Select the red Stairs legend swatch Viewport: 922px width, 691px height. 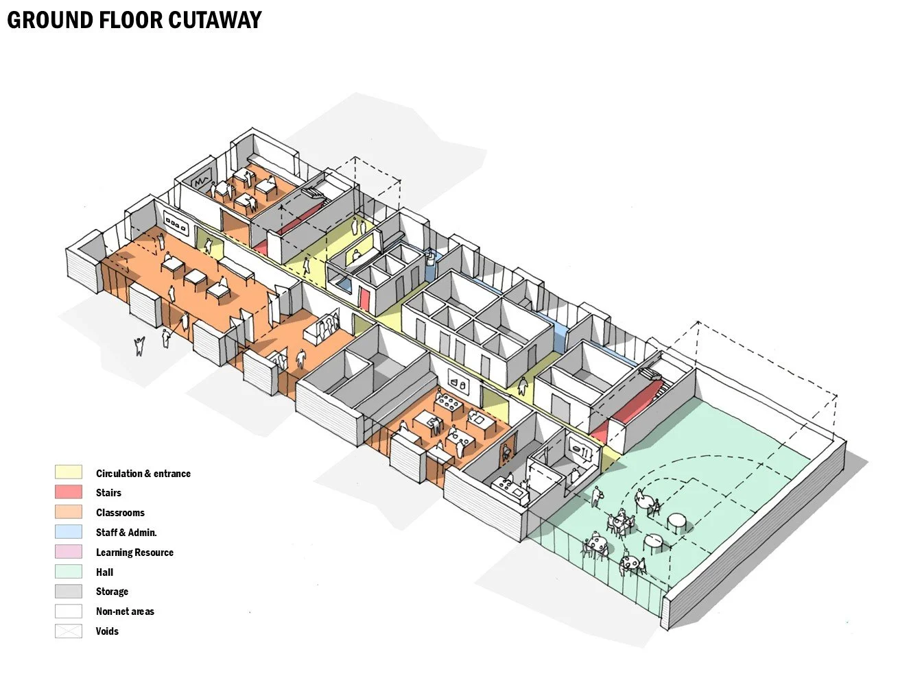[x=68, y=492]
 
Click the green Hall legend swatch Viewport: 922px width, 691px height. [x=68, y=571]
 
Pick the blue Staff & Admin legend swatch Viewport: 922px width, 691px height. [x=68, y=531]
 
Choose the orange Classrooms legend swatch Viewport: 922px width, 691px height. [x=68, y=512]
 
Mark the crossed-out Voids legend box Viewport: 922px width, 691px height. [x=68, y=631]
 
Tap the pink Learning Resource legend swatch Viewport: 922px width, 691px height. [x=68, y=551]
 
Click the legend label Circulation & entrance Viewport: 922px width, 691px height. [x=143, y=473]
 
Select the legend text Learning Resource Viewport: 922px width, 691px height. [x=134, y=552]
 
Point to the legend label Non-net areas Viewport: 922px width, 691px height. [x=125, y=611]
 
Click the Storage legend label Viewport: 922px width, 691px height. [x=112, y=591]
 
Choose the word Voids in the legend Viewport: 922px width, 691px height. [x=107, y=631]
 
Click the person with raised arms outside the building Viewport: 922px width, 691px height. [x=140, y=345]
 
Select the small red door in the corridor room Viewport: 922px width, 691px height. [x=364, y=298]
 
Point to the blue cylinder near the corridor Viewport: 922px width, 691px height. [x=430, y=263]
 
